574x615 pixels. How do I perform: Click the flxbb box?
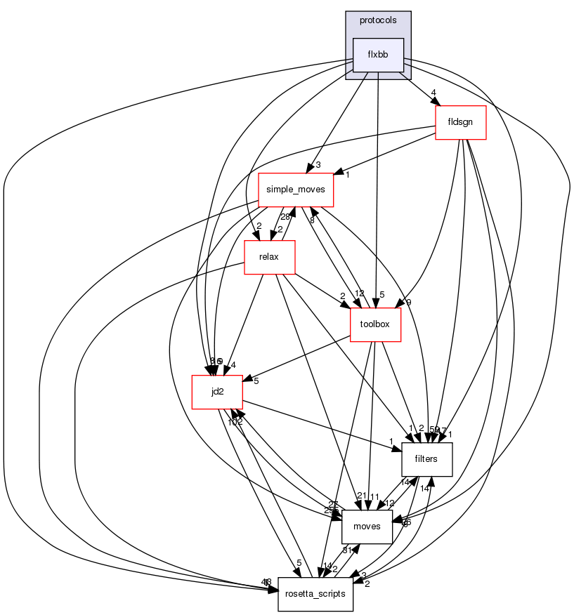(x=378, y=55)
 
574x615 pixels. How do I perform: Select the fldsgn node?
(x=461, y=122)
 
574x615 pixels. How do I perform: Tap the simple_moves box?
(x=296, y=190)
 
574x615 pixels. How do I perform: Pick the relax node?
(x=268, y=257)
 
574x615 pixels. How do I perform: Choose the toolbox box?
(x=375, y=324)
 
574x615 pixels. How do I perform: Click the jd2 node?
(x=217, y=391)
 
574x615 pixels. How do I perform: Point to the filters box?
(x=426, y=459)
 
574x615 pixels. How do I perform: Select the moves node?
(x=366, y=527)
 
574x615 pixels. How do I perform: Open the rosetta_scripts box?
(x=315, y=594)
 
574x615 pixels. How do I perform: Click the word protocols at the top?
(x=378, y=20)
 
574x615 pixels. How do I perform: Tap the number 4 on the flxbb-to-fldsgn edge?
(x=434, y=93)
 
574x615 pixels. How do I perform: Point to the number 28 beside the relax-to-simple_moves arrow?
(x=285, y=217)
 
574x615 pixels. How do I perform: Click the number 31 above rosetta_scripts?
(x=346, y=550)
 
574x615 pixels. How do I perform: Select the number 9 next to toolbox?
(x=408, y=303)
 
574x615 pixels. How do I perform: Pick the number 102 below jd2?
(x=234, y=421)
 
